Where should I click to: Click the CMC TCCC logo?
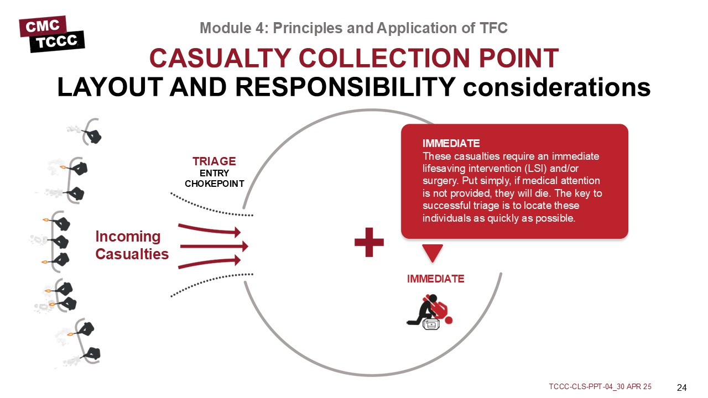(x=52, y=34)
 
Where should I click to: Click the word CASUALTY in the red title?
(x=220, y=58)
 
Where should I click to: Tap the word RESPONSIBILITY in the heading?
(x=346, y=87)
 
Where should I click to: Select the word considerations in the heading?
(x=556, y=87)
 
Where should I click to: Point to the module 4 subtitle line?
(x=353, y=28)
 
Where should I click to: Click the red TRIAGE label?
(x=214, y=161)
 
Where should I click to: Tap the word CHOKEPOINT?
(x=214, y=184)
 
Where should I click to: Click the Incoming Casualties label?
(x=132, y=245)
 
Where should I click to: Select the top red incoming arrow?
(x=209, y=230)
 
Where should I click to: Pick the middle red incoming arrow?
(x=214, y=246)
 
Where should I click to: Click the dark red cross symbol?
(x=369, y=242)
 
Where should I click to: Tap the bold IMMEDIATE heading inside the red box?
(x=451, y=143)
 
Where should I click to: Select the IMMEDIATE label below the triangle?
(x=435, y=279)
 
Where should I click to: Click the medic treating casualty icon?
(x=430, y=312)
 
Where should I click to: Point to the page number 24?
(x=682, y=387)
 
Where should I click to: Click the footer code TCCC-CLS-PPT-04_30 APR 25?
(x=600, y=386)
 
